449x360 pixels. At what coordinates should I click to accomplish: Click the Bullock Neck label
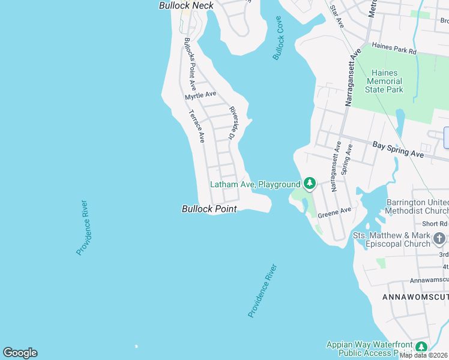click(186, 5)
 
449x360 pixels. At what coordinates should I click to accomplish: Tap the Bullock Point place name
click(209, 209)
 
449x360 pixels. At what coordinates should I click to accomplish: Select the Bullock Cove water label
click(277, 38)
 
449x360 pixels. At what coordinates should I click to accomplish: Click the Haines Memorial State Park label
click(385, 81)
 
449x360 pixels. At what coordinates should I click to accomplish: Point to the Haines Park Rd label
click(394, 48)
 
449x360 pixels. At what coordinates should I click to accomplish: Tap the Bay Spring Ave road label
click(398, 149)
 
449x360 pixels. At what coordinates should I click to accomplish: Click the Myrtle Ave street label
click(200, 95)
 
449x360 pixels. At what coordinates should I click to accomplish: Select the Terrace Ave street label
click(197, 126)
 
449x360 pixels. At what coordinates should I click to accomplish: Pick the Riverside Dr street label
click(232, 124)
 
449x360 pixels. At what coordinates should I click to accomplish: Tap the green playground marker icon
click(309, 183)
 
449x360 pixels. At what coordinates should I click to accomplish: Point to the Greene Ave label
click(334, 212)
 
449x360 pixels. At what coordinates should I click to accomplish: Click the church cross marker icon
click(439, 239)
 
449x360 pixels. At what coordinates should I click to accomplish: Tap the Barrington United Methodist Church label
click(417, 206)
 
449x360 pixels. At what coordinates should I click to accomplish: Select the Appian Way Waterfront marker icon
click(421, 346)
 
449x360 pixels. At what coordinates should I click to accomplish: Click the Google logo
click(20, 353)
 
